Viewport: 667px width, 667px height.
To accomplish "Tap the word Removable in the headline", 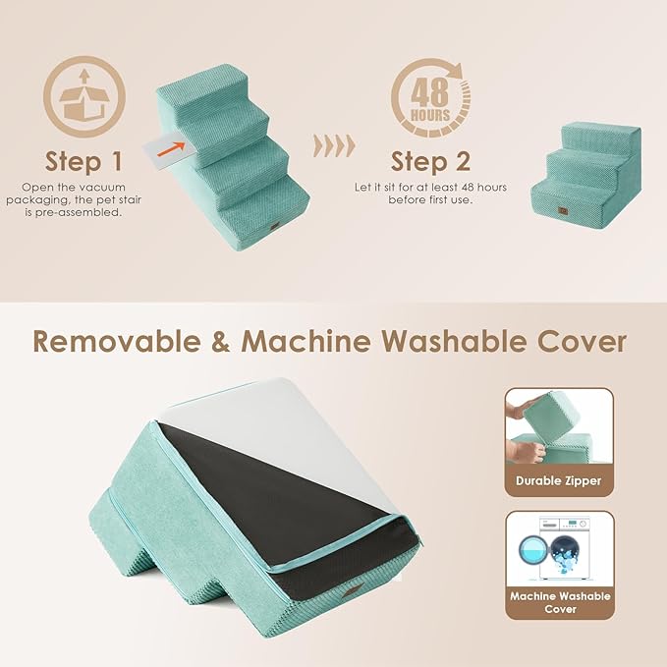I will pyautogui.click(x=123, y=341).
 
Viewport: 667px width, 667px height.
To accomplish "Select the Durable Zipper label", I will pyautogui.click(x=558, y=480).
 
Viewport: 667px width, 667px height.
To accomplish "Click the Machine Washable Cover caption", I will pyautogui.click(x=560, y=602).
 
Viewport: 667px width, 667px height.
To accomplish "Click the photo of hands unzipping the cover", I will pyautogui.click(x=558, y=429).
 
